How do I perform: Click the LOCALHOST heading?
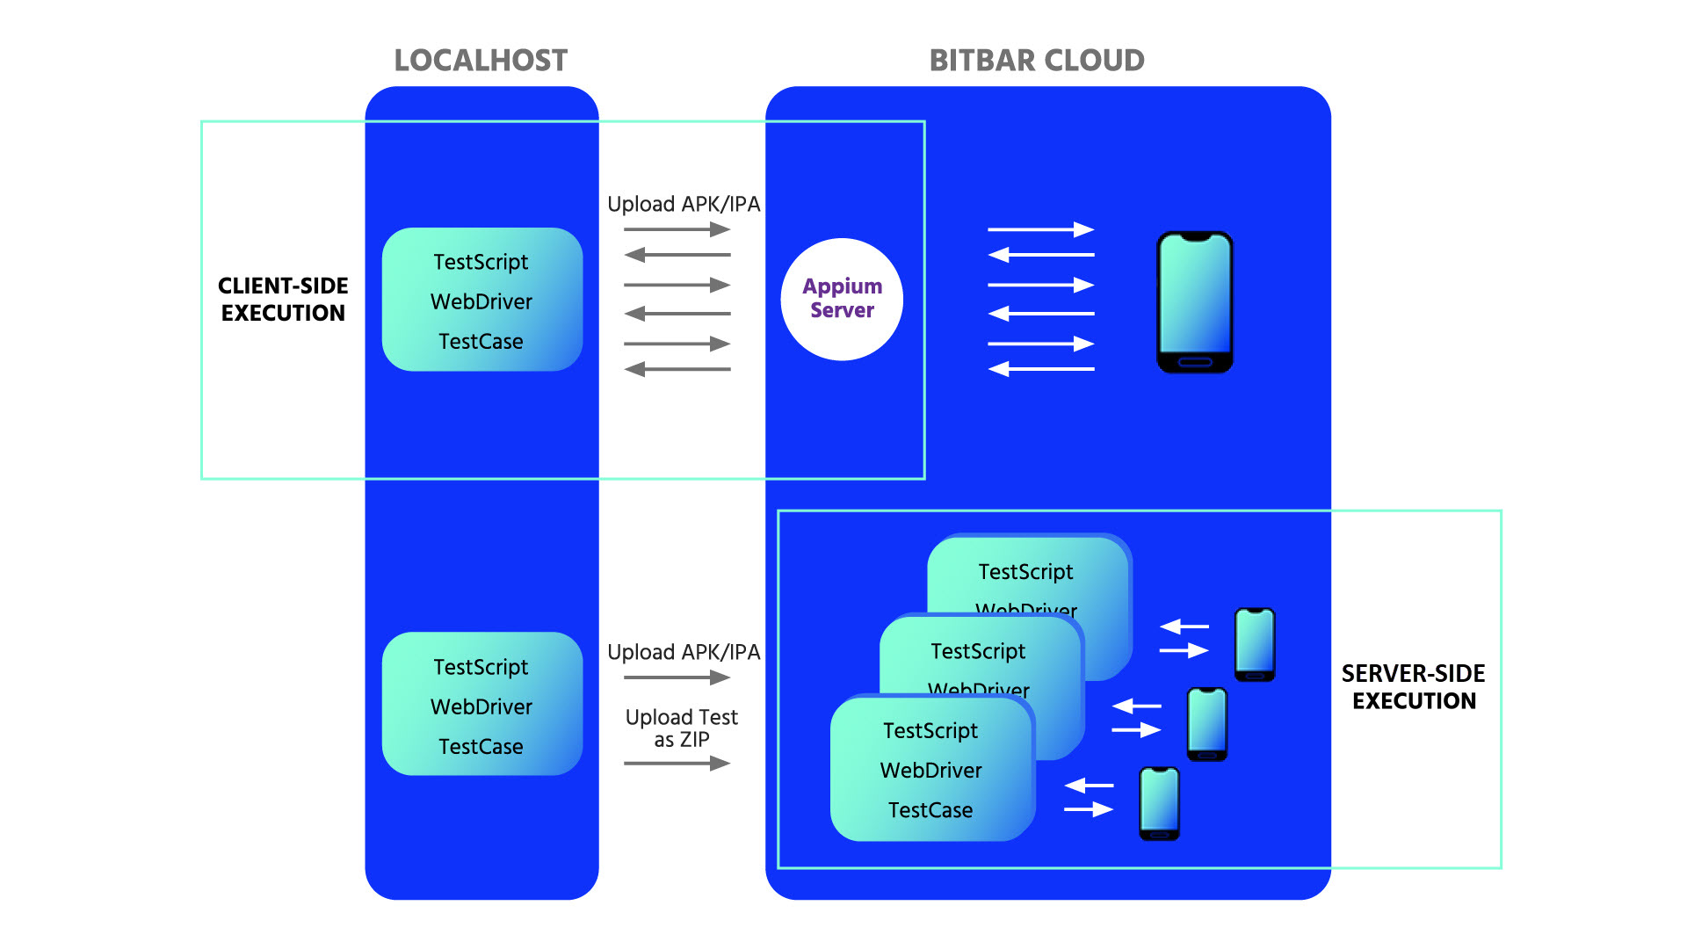[x=481, y=60]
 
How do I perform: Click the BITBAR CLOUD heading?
[x=1037, y=60]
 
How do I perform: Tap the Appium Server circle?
[x=842, y=299]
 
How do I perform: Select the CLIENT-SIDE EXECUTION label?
[x=283, y=299]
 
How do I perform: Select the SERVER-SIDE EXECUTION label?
[x=1413, y=687]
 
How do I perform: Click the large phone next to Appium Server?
[x=1195, y=301]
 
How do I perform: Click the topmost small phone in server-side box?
[x=1255, y=643]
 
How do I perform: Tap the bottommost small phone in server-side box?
[x=1159, y=802]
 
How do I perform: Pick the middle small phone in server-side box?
[x=1207, y=722]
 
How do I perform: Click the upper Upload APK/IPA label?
[x=684, y=204]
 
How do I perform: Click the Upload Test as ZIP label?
[x=682, y=728]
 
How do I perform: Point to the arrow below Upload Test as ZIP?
[x=677, y=763]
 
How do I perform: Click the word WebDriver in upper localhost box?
[x=481, y=301]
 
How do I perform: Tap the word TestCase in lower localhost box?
[x=481, y=746]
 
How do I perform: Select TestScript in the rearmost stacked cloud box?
[x=1025, y=572]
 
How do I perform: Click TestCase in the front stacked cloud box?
[x=930, y=809]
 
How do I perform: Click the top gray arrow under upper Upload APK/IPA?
[x=677, y=229]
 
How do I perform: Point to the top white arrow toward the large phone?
[x=1040, y=229]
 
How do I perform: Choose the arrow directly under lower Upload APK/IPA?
[x=677, y=677]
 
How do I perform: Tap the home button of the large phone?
[x=1195, y=362]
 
